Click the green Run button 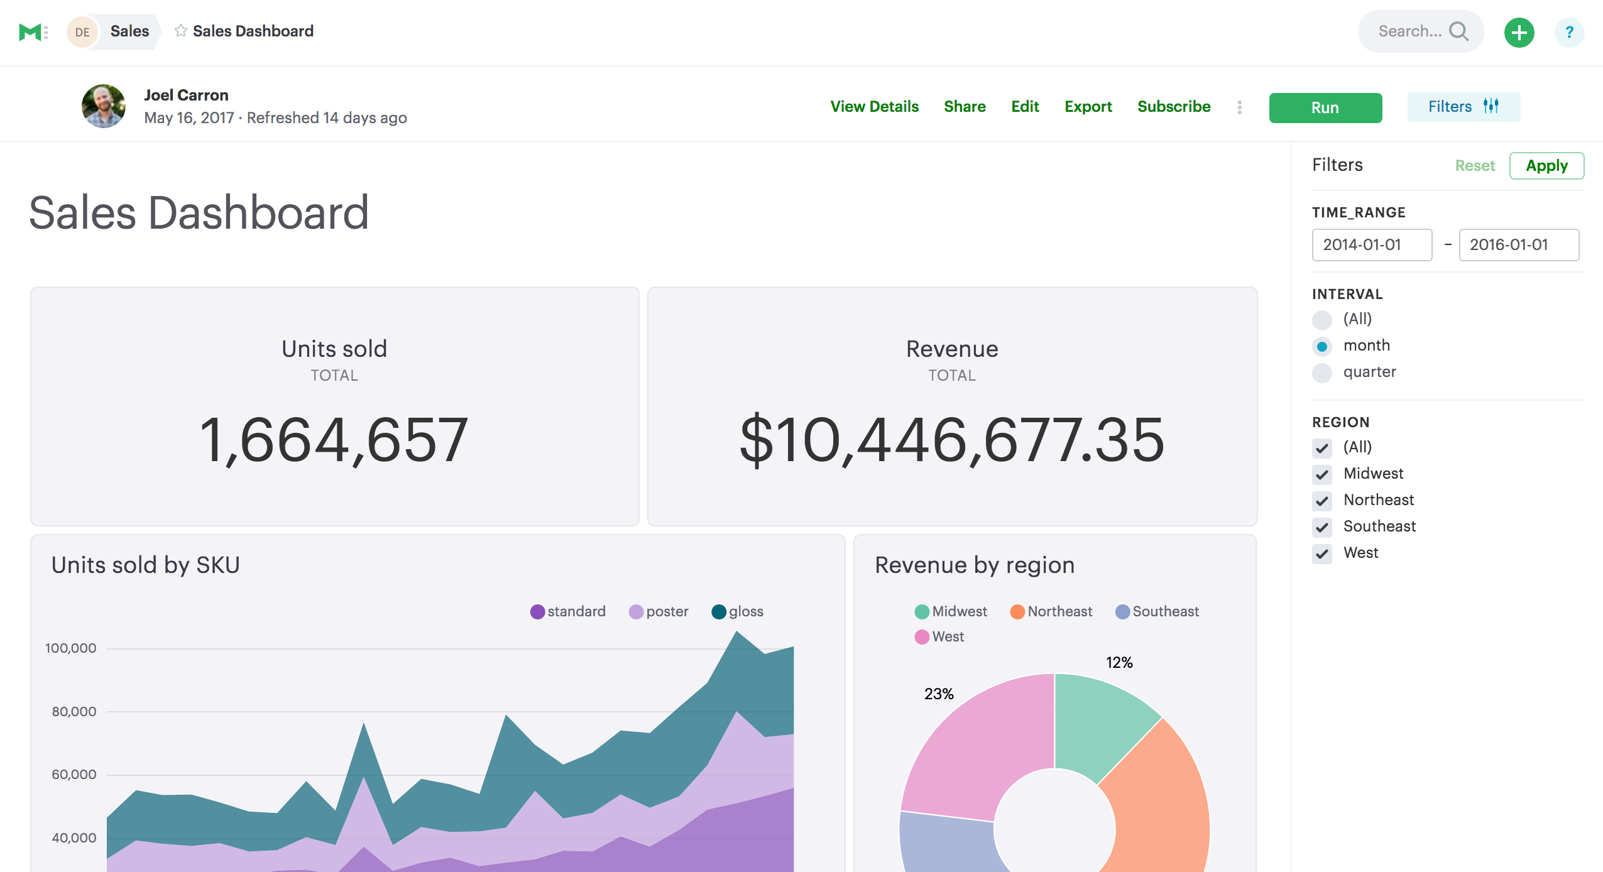click(1325, 107)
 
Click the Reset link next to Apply click(1474, 166)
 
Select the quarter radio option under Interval click(1322, 373)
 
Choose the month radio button click(1322, 346)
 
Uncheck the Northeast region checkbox click(1322, 501)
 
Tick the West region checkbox click(1322, 553)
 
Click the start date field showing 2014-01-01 click(1371, 245)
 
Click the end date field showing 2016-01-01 click(1518, 245)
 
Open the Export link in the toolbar click(1088, 107)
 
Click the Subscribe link click(1173, 107)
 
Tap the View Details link click(874, 107)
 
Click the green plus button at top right click(1518, 32)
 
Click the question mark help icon click(1568, 32)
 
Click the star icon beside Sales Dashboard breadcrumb click(181, 31)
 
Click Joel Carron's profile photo click(104, 106)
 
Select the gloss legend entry click(738, 611)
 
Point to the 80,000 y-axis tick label click(74, 712)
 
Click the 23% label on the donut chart click(938, 694)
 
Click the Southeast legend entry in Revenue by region click(1157, 611)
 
